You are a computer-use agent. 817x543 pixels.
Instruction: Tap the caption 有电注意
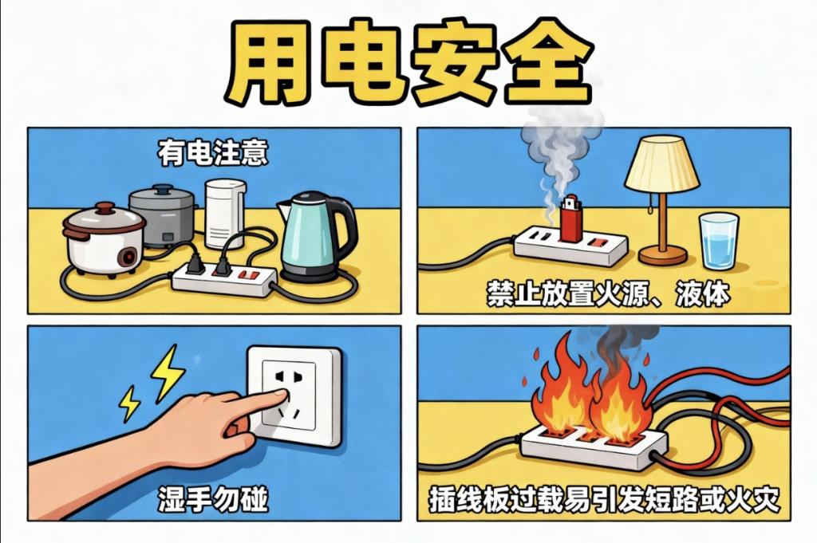[213, 154]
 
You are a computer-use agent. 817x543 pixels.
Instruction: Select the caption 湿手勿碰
[212, 499]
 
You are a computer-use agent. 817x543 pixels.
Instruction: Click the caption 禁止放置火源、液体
[608, 295]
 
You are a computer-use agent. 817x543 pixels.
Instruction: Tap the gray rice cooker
[163, 214]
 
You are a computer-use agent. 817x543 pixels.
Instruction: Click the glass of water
[719, 240]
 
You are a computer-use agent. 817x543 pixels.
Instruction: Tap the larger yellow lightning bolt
[168, 372]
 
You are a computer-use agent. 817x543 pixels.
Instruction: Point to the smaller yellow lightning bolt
[129, 403]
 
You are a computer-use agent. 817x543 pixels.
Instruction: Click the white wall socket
[294, 397]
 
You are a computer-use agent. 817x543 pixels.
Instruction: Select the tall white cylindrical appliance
[225, 214]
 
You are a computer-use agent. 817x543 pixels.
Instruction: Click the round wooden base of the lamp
[663, 255]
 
